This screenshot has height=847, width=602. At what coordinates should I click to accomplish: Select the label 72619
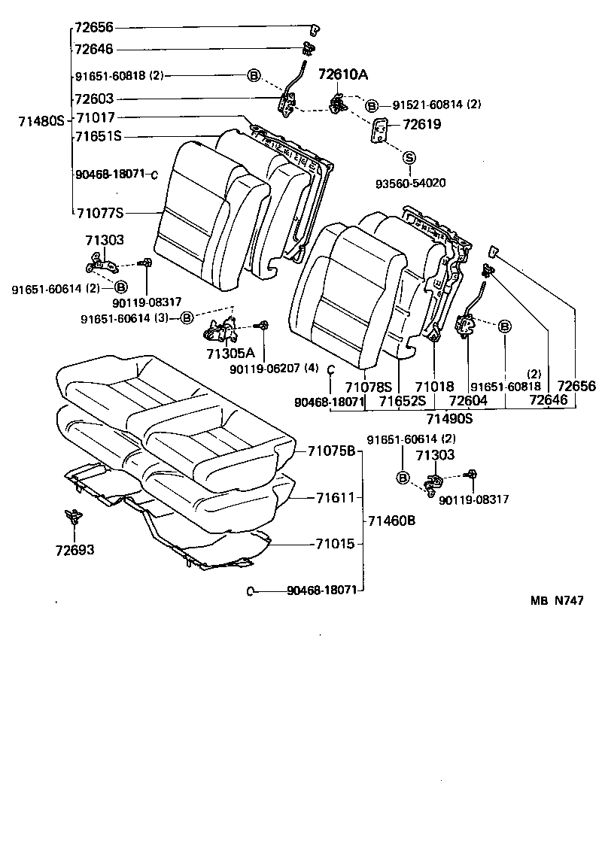[421, 125]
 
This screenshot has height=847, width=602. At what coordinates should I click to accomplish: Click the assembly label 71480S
[41, 120]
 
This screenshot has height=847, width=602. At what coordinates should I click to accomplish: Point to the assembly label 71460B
[391, 521]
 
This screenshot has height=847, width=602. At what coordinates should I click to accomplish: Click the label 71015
[335, 543]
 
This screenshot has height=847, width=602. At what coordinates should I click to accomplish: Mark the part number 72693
[74, 550]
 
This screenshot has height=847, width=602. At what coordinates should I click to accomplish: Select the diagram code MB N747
[556, 601]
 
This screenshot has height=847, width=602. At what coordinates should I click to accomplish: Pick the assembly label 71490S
[449, 418]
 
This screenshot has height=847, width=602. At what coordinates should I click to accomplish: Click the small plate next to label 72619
[380, 130]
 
